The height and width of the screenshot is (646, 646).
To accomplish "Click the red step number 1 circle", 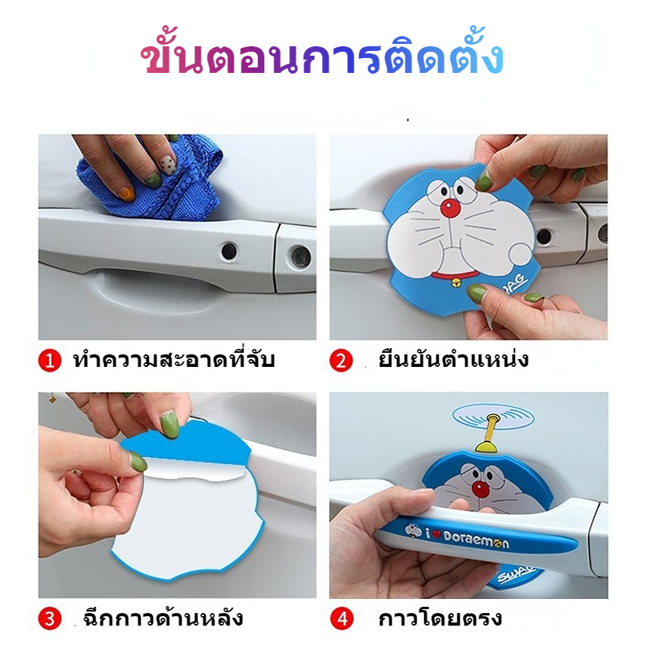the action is coord(50,361).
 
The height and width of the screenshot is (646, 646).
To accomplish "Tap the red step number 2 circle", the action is coord(341,361).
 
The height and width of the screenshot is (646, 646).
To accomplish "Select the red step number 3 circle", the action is coord(50,619).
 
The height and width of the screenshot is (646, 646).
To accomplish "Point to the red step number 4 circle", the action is coord(342,619).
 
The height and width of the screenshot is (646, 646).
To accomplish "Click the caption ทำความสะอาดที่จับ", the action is coord(174,359).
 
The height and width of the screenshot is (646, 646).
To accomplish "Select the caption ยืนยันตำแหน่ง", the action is coord(454,358).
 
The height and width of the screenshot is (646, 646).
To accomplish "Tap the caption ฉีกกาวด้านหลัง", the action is coord(163,618).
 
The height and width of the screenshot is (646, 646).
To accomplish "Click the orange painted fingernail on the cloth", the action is coord(126,194).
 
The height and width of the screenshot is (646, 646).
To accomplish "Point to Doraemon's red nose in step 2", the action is coord(449,209).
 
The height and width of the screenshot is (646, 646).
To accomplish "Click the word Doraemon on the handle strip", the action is coord(477,539).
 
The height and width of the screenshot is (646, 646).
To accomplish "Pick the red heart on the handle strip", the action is coord(436,535).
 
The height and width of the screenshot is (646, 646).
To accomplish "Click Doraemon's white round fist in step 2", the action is coord(521,254).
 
